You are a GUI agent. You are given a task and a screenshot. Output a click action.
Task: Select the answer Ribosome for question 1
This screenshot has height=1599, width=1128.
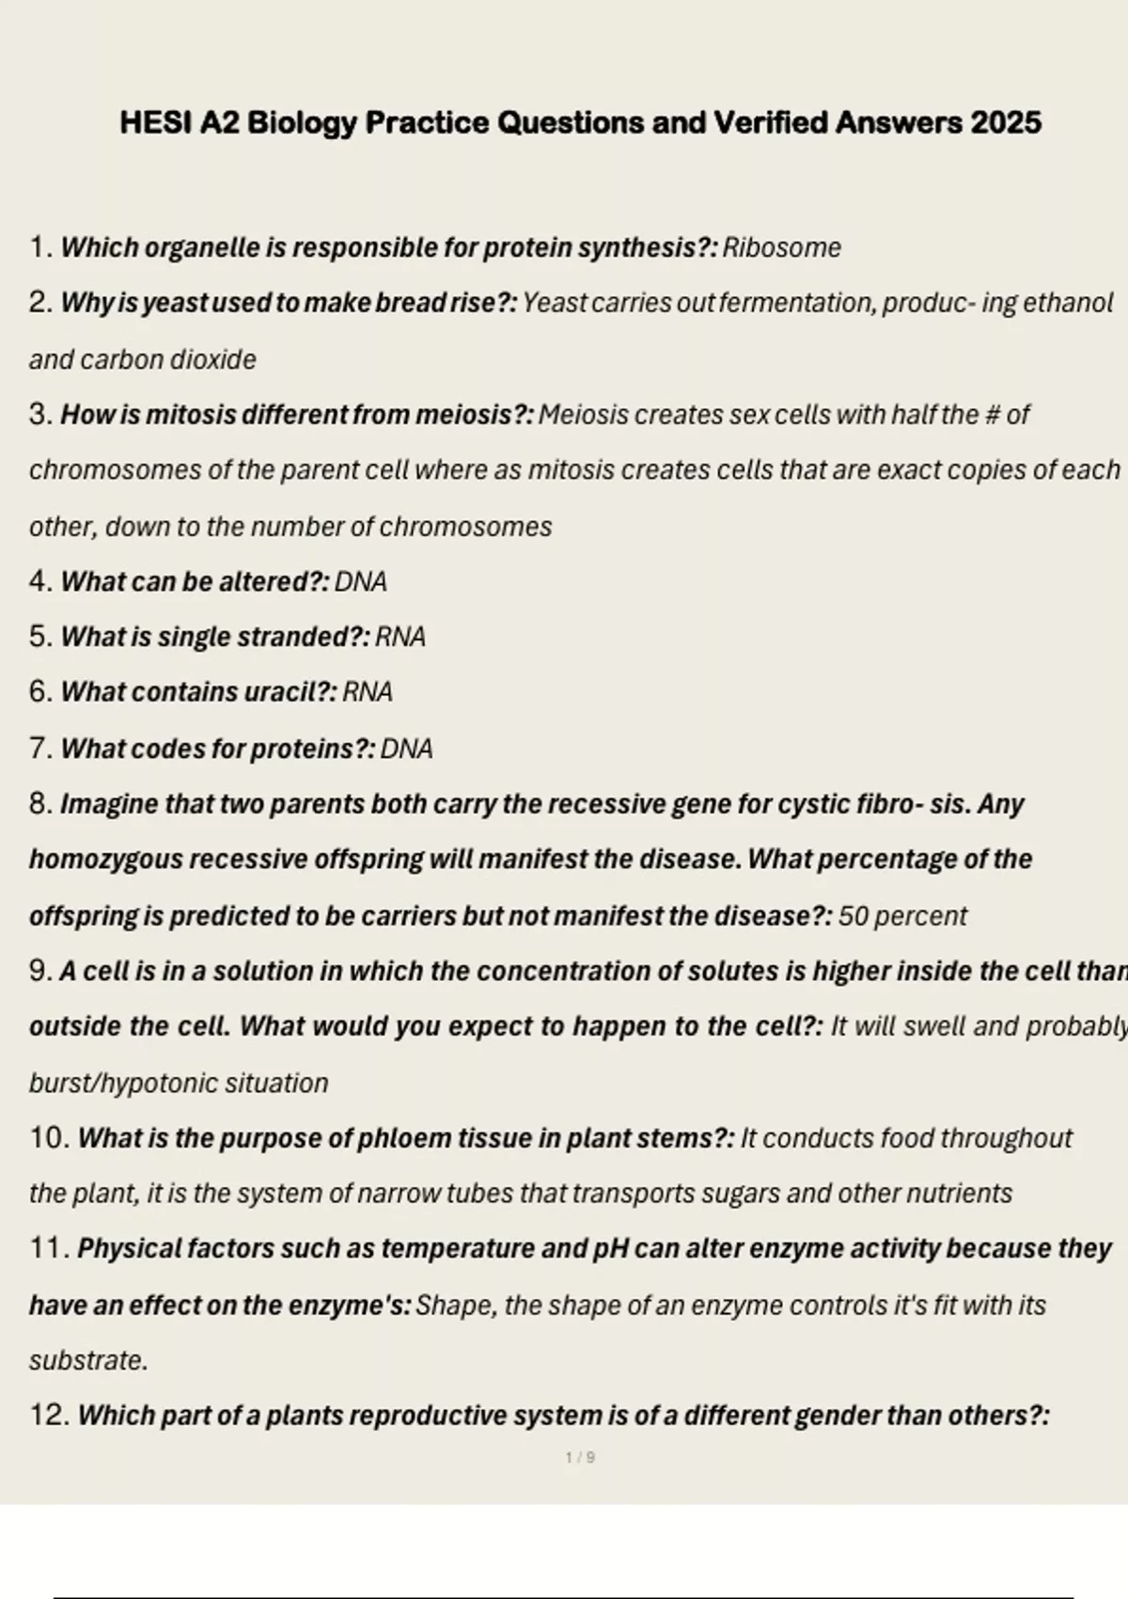(x=781, y=247)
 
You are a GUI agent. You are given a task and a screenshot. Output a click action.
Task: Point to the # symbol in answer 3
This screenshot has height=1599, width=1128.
(x=991, y=414)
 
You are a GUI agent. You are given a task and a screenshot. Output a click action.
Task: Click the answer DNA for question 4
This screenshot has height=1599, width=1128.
(x=361, y=581)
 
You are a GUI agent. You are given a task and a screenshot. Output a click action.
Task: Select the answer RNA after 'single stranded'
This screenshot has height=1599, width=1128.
(x=400, y=637)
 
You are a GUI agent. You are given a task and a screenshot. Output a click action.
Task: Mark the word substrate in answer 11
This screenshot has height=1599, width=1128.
(x=86, y=1361)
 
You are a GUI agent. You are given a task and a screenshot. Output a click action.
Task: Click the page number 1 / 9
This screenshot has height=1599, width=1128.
(x=580, y=1458)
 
